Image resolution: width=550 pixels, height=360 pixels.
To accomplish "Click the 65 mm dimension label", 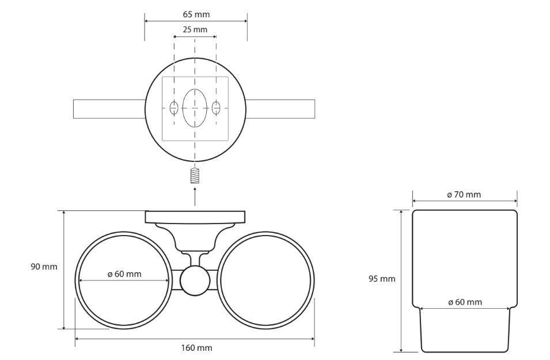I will [195, 14].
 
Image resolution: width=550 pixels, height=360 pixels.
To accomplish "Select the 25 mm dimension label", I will [195, 29].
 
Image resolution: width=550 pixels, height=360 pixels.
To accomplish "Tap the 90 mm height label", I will [44, 267].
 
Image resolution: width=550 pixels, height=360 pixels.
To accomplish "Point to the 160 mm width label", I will [196, 347].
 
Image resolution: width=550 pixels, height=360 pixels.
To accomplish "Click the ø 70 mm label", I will [464, 195].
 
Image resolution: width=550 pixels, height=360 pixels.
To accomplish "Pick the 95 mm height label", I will [382, 279].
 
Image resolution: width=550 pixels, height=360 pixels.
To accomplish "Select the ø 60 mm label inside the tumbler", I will [465, 302].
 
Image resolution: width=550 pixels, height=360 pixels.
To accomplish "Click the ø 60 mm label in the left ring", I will [124, 274].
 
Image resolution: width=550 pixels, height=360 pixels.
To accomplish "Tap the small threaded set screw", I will [195, 175].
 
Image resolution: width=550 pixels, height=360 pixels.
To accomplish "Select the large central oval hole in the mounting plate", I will [195, 108].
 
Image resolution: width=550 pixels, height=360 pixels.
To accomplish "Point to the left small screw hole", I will [174, 107].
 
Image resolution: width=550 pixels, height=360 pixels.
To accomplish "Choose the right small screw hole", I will [216, 107].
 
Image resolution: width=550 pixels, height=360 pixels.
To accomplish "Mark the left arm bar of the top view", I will [108, 109].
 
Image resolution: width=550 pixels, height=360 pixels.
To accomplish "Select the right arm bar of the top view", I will [280, 109].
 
